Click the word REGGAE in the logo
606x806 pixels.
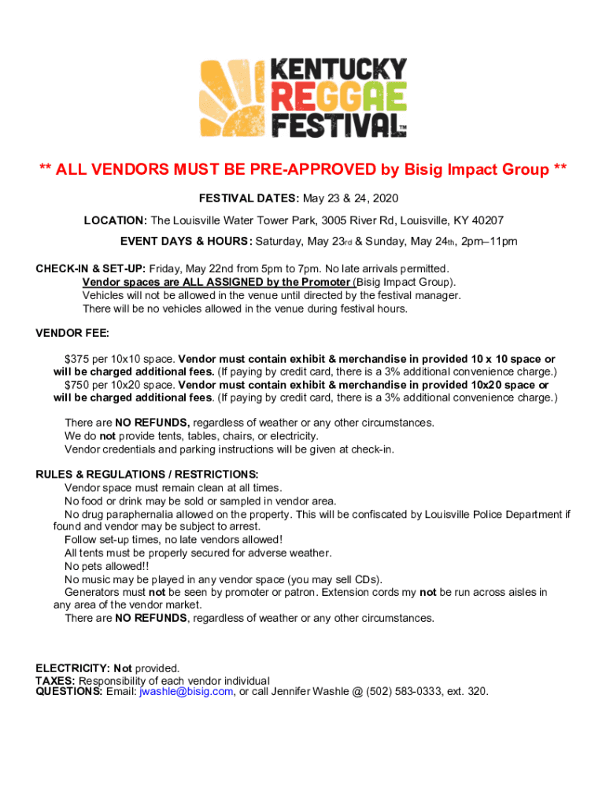(338, 98)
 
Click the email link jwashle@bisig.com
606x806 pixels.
(186, 692)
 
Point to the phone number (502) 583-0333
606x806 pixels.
(404, 692)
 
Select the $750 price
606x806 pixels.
(78, 385)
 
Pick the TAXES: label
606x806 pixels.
(55, 680)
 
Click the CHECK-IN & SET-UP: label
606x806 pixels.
(91, 268)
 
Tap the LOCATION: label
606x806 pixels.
(116, 220)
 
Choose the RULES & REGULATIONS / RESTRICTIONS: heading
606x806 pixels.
(146, 475)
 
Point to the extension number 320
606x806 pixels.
(476, 692)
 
